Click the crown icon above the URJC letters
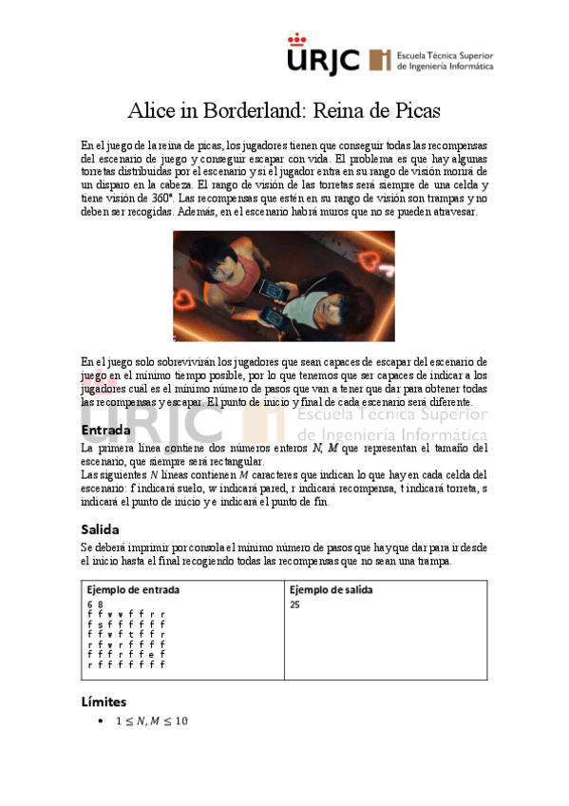(x=297, y=40)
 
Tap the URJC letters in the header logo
(x=324, y=62)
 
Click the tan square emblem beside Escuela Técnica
(x=380, y=60)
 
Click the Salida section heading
(x=100, y=528)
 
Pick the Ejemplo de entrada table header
(x=133, y=589)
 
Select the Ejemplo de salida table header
(x=331, y=589)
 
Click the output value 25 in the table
(x=296, y=604)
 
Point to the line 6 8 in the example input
(x=94, y=604)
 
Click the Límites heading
(x=104, y=702)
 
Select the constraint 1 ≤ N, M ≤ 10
(x=152, y=721)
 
